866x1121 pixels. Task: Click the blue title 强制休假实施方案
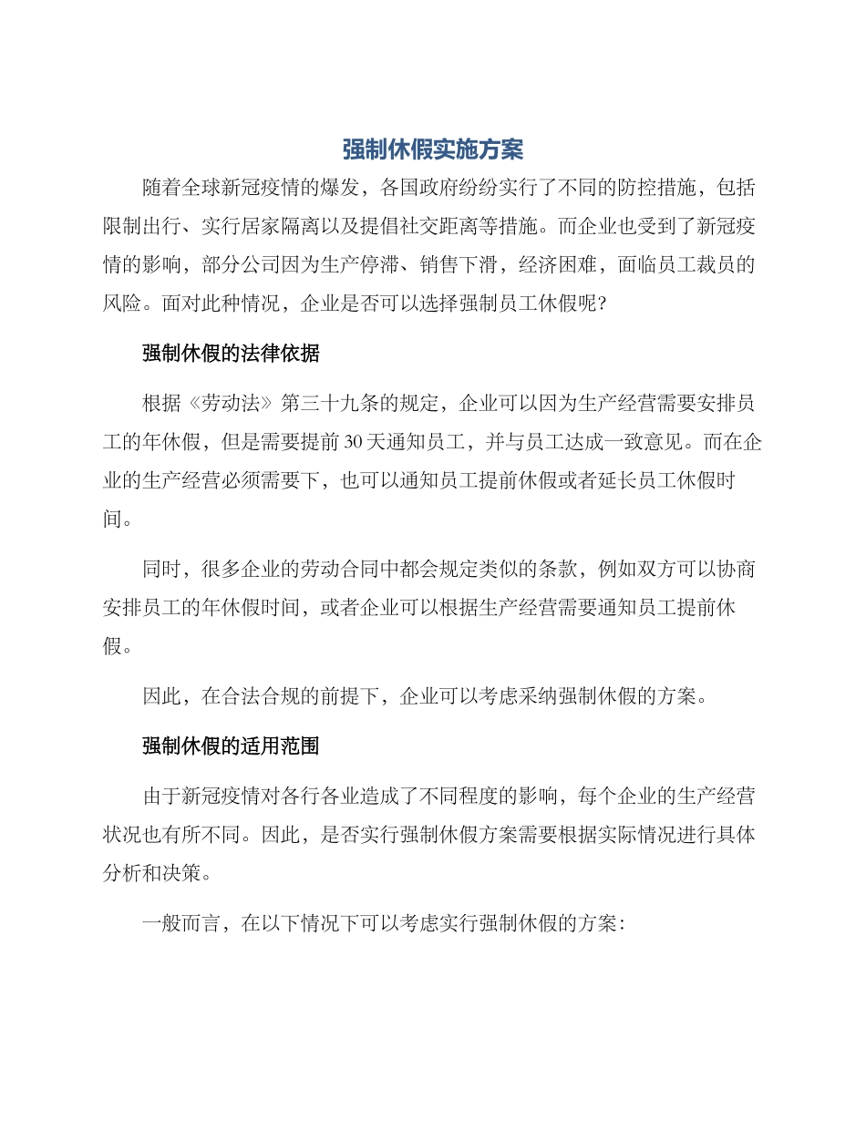(x=433, y=149)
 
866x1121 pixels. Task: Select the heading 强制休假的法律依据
(x=231, y=354)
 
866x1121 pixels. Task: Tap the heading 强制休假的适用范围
(x=231, y=746)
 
